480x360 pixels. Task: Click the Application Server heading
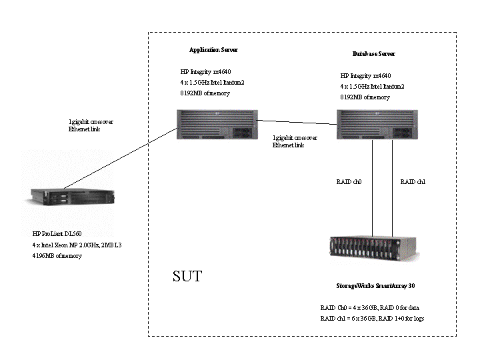click(213, 50)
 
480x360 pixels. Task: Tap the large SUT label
click(187, 276)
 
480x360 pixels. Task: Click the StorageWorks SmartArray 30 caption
click(367, 285)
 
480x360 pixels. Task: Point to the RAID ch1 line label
click(413, 182)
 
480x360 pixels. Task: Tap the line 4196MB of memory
click(57, 255)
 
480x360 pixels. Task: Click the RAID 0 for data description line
click(369, 308)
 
